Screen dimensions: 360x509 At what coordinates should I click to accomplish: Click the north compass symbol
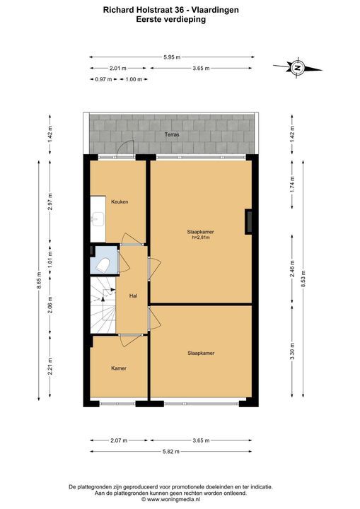click(x=297, y=68)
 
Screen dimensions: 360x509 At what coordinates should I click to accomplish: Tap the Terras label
click(x=172, y=134)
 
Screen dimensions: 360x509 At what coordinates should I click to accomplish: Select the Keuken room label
click(x=120, y=201)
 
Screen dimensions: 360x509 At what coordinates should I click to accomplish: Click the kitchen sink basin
click(x=97, y=218)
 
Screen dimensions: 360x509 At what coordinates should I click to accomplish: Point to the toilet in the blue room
click(x=104, y=265)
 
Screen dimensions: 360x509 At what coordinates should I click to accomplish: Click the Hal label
click(x=133, y=296)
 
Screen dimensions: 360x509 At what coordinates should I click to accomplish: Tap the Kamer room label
click(x=119, y=368)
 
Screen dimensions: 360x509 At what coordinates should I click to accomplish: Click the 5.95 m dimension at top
click(x=172, y=57)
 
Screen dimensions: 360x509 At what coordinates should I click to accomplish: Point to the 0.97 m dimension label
click(x=103, y=79)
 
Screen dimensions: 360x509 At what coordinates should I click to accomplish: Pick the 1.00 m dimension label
click(x=134, y=79)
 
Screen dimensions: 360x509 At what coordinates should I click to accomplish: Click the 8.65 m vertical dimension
click(x=39, y=281)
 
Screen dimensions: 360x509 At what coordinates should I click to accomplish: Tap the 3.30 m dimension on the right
click(x=292, y=351)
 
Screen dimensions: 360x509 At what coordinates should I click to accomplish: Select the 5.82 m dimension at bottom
click(x=171, y=451)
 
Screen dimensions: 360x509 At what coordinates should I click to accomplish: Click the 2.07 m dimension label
click(x=119, y=440)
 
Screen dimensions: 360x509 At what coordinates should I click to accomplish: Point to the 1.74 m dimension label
click(x=292, y=184)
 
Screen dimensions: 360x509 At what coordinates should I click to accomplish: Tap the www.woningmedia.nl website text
click(x=173, y=499)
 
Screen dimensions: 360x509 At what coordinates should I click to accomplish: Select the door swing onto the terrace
click(x=125, y=148)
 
